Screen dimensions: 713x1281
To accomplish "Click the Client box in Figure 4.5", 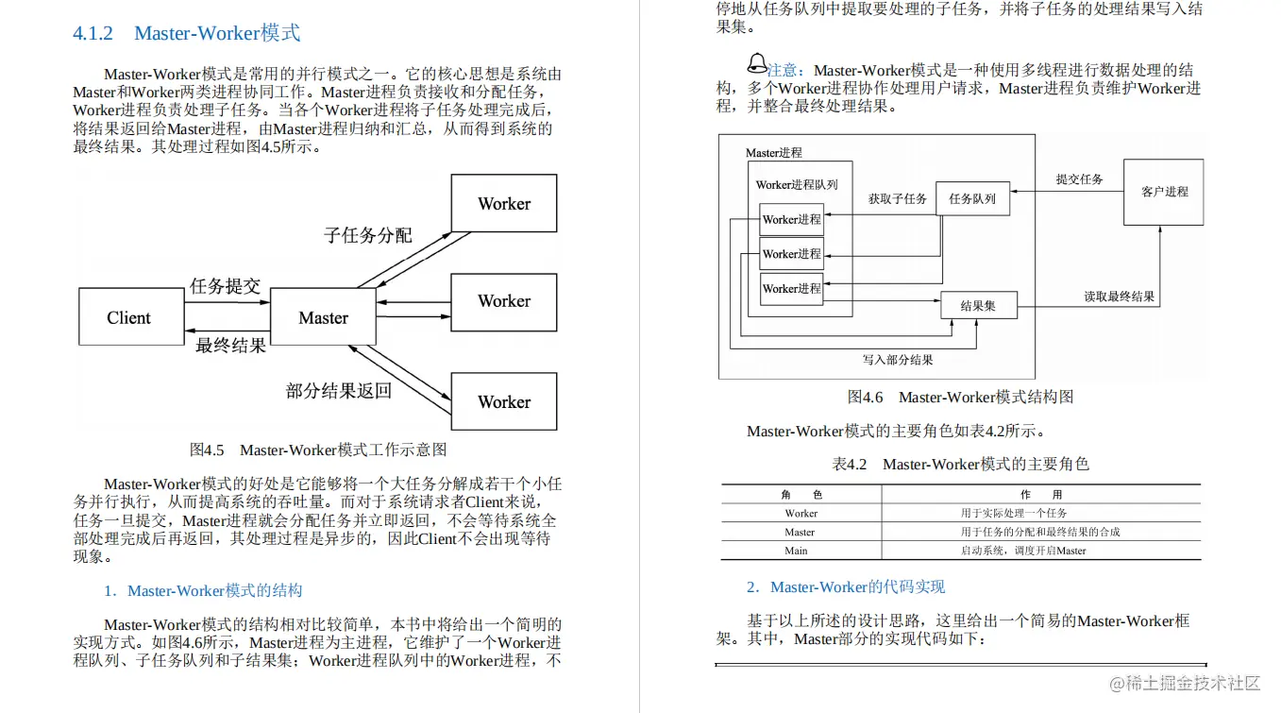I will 129,318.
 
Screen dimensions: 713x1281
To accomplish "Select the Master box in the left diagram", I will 324,318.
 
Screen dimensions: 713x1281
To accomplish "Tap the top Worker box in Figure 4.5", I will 504,204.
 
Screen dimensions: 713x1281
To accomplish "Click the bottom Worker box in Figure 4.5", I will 504,402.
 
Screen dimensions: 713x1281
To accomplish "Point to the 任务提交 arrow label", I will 225,286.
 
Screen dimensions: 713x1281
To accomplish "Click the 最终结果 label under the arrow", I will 230,346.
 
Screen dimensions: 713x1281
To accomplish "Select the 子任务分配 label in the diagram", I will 368,235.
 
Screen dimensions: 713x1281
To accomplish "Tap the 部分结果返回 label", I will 339,390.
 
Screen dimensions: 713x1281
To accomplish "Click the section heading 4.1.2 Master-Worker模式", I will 187,33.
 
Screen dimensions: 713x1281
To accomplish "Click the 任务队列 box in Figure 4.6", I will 972,199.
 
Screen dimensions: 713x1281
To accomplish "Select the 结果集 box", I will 978,306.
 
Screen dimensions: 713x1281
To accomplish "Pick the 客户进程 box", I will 1164,192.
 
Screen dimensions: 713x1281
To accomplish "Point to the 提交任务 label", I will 1079,179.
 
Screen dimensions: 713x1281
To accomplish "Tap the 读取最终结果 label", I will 1119,297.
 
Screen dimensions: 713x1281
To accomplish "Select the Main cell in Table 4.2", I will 797,551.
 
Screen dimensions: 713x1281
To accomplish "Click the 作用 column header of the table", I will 1041,495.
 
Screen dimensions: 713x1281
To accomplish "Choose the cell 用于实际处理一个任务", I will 1014,514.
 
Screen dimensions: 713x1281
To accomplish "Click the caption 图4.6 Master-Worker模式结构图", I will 960,397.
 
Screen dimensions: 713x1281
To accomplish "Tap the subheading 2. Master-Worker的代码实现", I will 846,587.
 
